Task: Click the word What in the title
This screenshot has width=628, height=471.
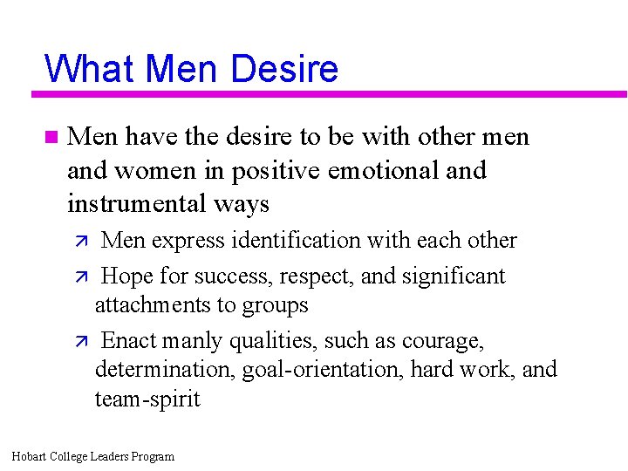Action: [x=90, y=68]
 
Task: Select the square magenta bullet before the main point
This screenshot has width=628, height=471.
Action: [x=50, y=137]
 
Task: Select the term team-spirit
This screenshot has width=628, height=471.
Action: [x=147, y=399]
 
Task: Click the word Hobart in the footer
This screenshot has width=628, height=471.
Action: [x=31, y=456]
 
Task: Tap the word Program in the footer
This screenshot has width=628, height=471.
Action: [x=153, y=456]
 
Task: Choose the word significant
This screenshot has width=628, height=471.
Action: [x=454, y=276]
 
